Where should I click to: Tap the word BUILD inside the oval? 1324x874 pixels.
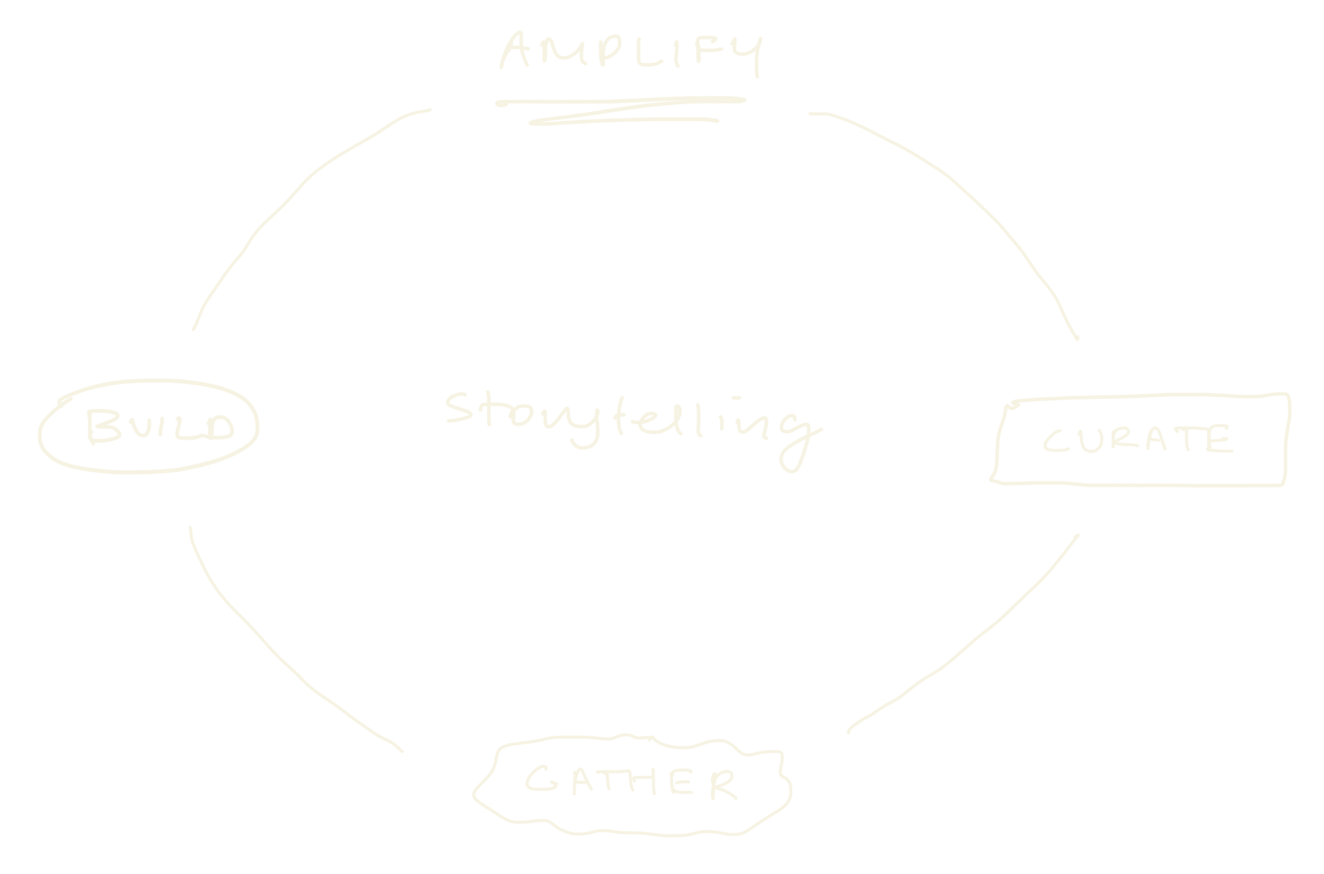[x=160, y=427]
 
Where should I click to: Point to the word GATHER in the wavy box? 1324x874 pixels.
[x=630, y=781]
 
